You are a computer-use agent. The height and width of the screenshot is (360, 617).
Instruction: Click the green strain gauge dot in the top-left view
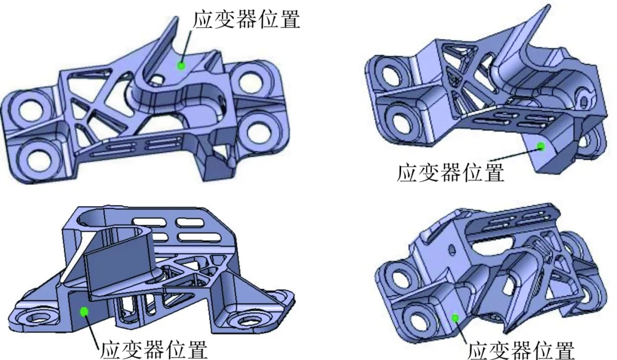[x=181, y=66]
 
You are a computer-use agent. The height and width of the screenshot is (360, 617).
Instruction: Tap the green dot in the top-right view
[x=540, y=146]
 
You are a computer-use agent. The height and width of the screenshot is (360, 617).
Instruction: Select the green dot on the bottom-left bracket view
[x=84, y=311]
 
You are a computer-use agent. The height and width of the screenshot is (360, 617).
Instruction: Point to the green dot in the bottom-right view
[x=455, y=318]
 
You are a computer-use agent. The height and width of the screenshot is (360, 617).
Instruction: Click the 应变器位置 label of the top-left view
[x=246, y=19]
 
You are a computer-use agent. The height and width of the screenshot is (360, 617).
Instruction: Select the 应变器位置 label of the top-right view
[x=451, y=172]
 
